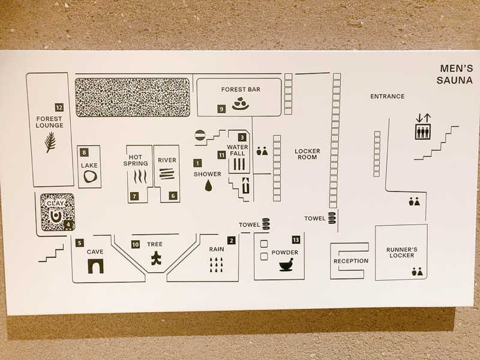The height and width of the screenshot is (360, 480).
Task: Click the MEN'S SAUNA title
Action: [x=455, y=74]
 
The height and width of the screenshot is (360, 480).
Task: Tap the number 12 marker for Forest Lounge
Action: [x=59, y=107]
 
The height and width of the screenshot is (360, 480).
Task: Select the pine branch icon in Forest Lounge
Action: [x=50, y=142]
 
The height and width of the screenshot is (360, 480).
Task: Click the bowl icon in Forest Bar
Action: [x=241, y=104]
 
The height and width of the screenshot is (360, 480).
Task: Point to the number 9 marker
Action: [x=221, y=109]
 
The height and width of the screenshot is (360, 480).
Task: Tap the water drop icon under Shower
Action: [x=208, y=185]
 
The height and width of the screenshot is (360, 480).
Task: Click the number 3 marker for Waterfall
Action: [x=242, y=137]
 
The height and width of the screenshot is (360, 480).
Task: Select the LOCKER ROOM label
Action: [x=307, y=154]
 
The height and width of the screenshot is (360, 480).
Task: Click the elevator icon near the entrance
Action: [x=423, y=131]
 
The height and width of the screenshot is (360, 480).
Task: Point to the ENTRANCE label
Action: [x=387, y=97]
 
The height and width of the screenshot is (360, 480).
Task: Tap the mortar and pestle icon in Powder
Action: [x=286, y=265]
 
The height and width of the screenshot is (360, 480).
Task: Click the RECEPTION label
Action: [x=351, y=261]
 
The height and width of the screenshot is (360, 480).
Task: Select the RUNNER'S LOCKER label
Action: [x=401, y=253]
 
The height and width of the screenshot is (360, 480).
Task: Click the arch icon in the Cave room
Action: [x=96, y=266]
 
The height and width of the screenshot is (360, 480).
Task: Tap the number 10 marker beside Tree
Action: [x=136, y=244]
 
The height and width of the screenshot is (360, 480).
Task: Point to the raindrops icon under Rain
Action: [x=217, y=265]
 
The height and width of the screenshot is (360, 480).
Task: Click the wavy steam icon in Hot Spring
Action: [x=140, y=177]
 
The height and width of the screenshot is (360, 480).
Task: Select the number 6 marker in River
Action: [x=173, y=196]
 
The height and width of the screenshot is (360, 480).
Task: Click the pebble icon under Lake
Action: [x=91, y=176]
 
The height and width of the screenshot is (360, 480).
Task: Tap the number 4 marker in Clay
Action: [x=68, y=225]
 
